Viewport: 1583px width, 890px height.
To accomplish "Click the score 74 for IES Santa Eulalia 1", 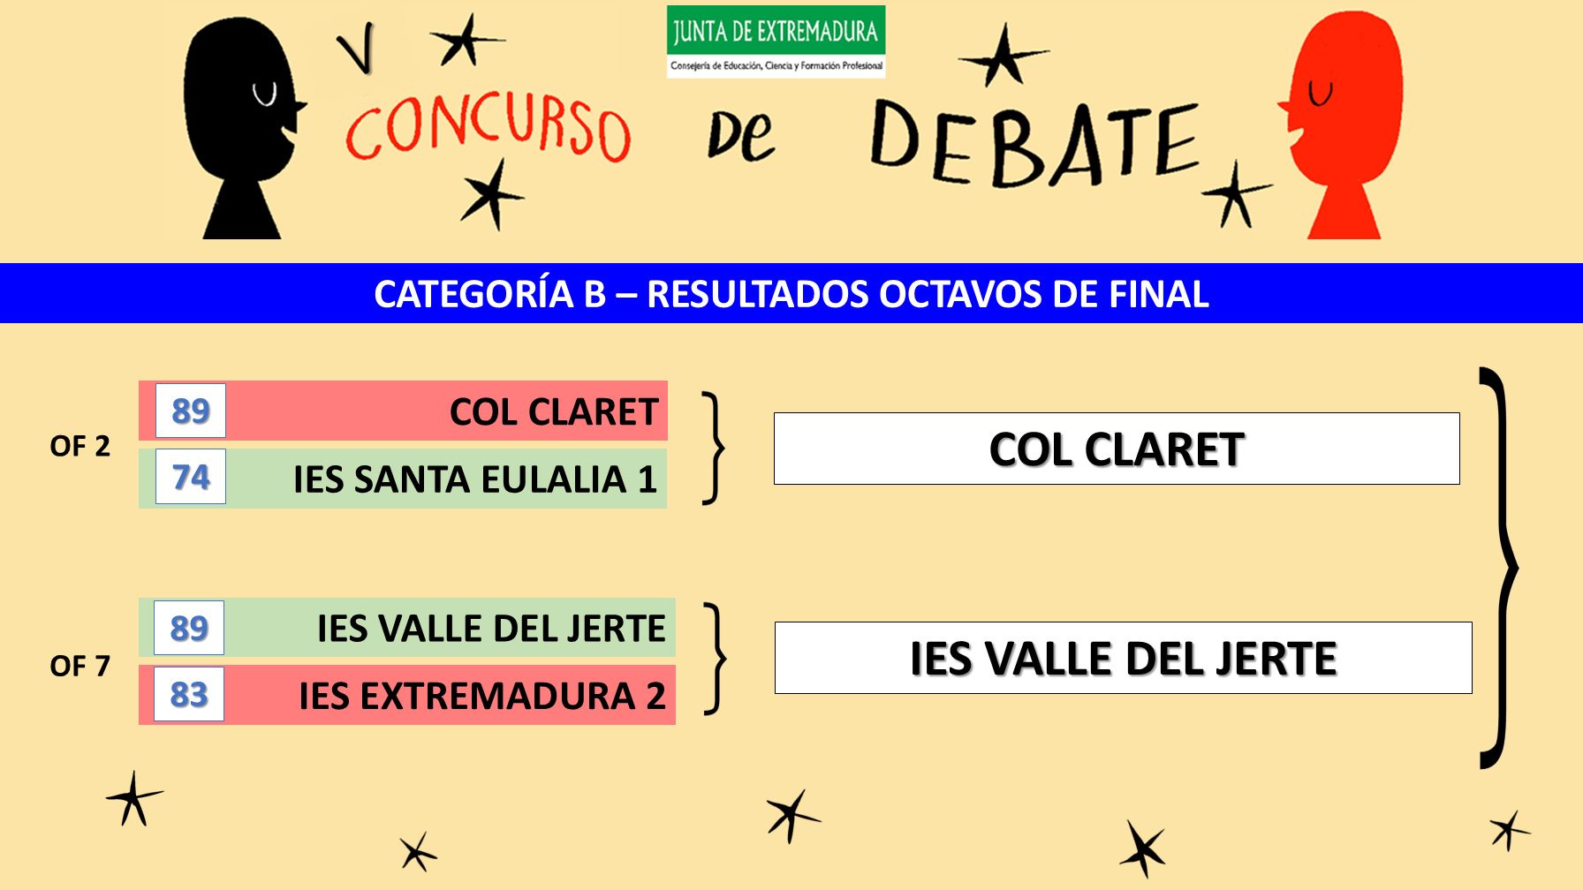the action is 191,477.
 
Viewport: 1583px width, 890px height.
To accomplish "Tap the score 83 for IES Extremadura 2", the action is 189,694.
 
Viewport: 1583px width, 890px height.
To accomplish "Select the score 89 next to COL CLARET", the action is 191,411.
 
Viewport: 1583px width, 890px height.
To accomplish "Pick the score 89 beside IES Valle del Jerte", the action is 189,628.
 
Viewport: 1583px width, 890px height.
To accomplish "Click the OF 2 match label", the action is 80,446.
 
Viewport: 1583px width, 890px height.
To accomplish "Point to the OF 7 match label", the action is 80,666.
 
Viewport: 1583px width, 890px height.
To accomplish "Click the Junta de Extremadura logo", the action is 776,41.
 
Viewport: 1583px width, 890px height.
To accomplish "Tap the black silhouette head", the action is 243,128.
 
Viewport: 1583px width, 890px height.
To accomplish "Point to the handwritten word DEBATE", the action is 1034,142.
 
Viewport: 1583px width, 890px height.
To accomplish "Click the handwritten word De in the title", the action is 740,137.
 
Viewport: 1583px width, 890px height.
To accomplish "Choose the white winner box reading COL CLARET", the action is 1117,449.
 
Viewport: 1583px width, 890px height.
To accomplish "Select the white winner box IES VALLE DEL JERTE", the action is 1123,658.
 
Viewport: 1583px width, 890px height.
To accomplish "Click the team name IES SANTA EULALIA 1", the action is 475,479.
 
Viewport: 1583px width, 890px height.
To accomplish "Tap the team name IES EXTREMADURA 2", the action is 482,697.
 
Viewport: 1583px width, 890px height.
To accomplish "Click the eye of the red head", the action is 1321,93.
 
